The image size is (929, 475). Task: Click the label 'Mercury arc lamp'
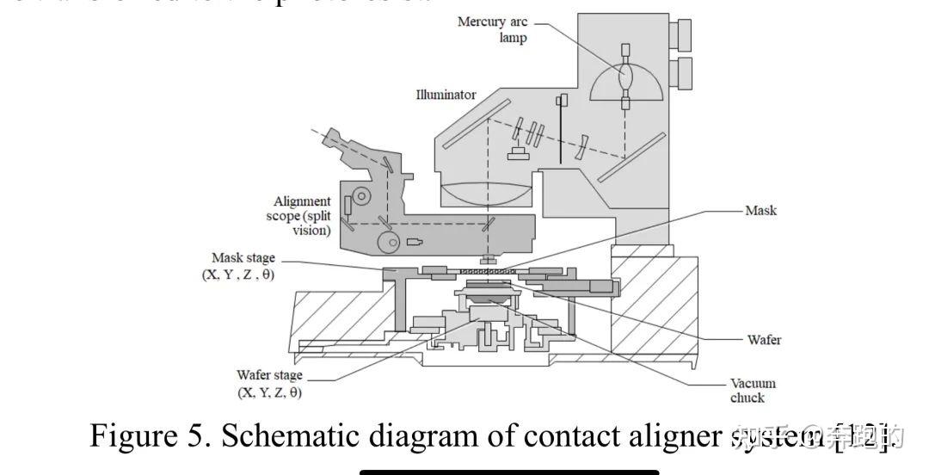pyautogui.click(x=492, y=29)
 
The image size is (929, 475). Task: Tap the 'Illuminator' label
pyautogui.click(x=446, y=95)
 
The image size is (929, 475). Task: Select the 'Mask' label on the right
pyautogui.click(x=760, y=210)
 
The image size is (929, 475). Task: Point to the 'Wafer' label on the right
pyautogui.click(x=764, y=340)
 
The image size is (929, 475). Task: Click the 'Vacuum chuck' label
pyautogui.click(x=753, y=390)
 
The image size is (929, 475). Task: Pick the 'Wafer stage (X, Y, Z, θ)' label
pyautogui.click(x=269, y=384)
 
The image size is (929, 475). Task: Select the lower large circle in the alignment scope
pyautogui.click(x=393, y=244)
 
